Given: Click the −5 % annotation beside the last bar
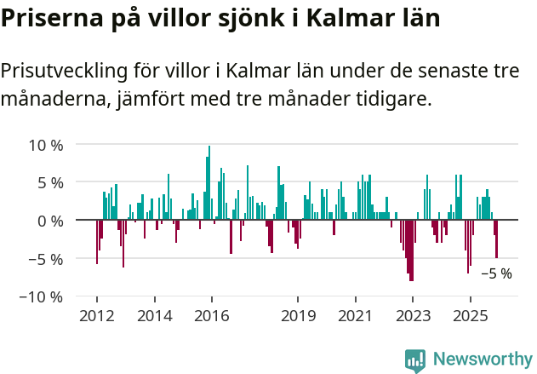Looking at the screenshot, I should click(x=496, y=274).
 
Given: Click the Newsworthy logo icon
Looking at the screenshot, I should click(x=414, y=360).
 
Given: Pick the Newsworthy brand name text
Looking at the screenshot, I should click(x=483, y=360).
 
